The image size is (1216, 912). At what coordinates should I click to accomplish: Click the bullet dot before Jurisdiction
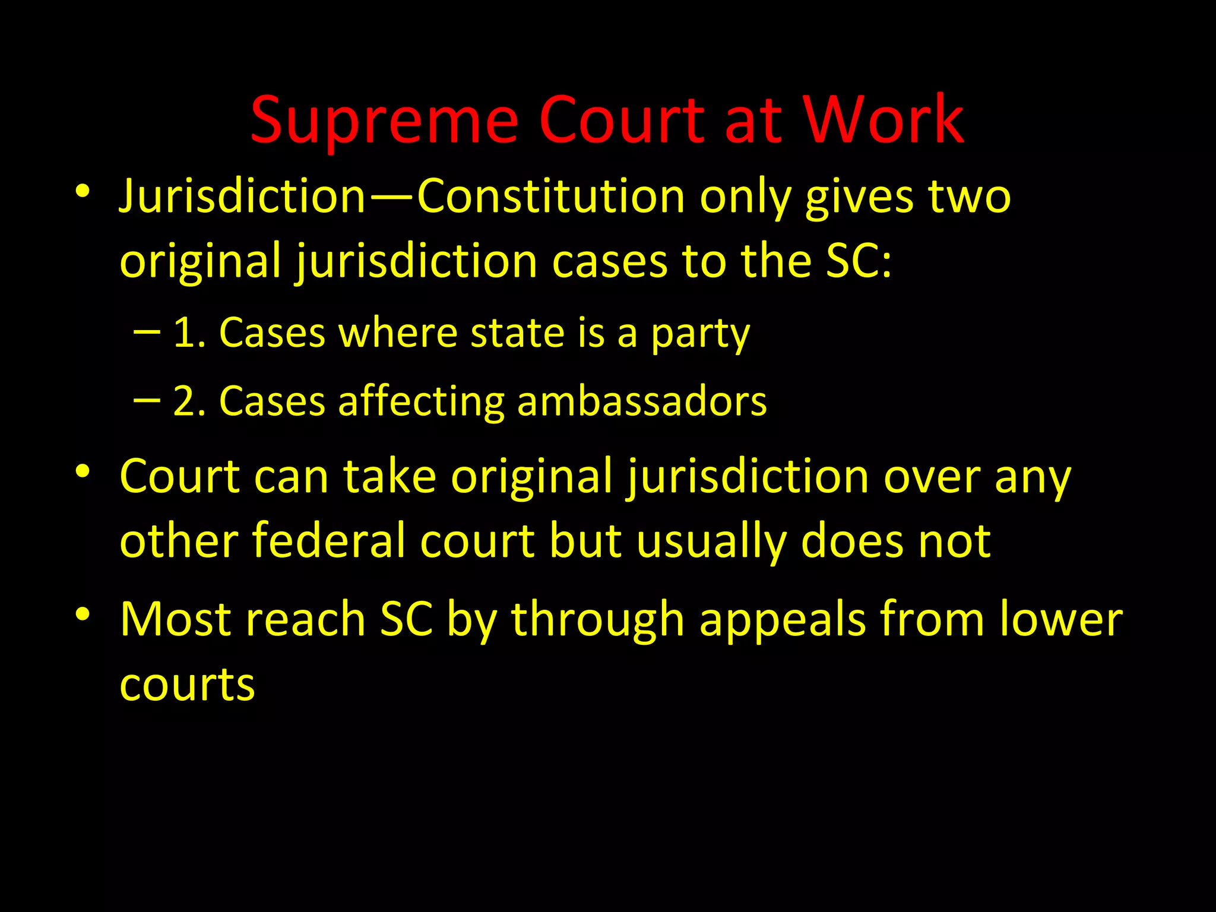point(83,191)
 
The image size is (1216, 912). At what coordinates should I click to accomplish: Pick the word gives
point(859,198)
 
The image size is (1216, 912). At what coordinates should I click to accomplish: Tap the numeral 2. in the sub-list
point(189,401)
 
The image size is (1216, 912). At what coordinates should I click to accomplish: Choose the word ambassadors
point(642,401)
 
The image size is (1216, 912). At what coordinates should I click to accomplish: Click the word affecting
point(421,403)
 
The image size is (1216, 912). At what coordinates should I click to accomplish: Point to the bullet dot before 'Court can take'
point(83,471)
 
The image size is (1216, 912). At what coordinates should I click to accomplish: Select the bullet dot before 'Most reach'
point(83,614)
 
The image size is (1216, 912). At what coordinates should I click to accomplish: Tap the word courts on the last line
point(187,685)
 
